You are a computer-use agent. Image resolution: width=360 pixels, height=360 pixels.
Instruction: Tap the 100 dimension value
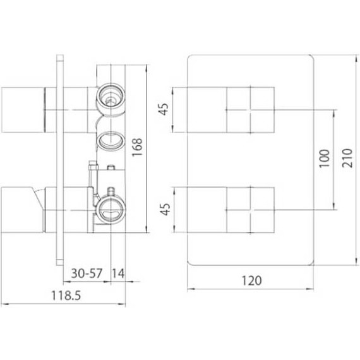point(324,160)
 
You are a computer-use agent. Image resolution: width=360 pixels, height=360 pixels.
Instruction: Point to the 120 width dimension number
point(251,280)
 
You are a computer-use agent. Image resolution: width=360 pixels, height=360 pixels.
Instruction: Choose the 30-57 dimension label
point(87,273)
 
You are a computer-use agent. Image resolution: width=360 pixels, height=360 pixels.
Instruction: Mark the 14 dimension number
point(118,273)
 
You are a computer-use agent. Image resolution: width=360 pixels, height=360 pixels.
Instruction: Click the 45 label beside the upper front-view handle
point(165,110)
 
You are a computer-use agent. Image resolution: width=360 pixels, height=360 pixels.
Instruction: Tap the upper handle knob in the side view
point(21,110)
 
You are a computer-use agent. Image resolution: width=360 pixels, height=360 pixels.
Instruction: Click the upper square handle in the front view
point(250,110)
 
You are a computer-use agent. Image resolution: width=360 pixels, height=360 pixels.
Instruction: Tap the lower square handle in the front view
point(250,209)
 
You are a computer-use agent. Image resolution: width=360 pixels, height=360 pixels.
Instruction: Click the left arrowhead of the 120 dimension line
point(191,289)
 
